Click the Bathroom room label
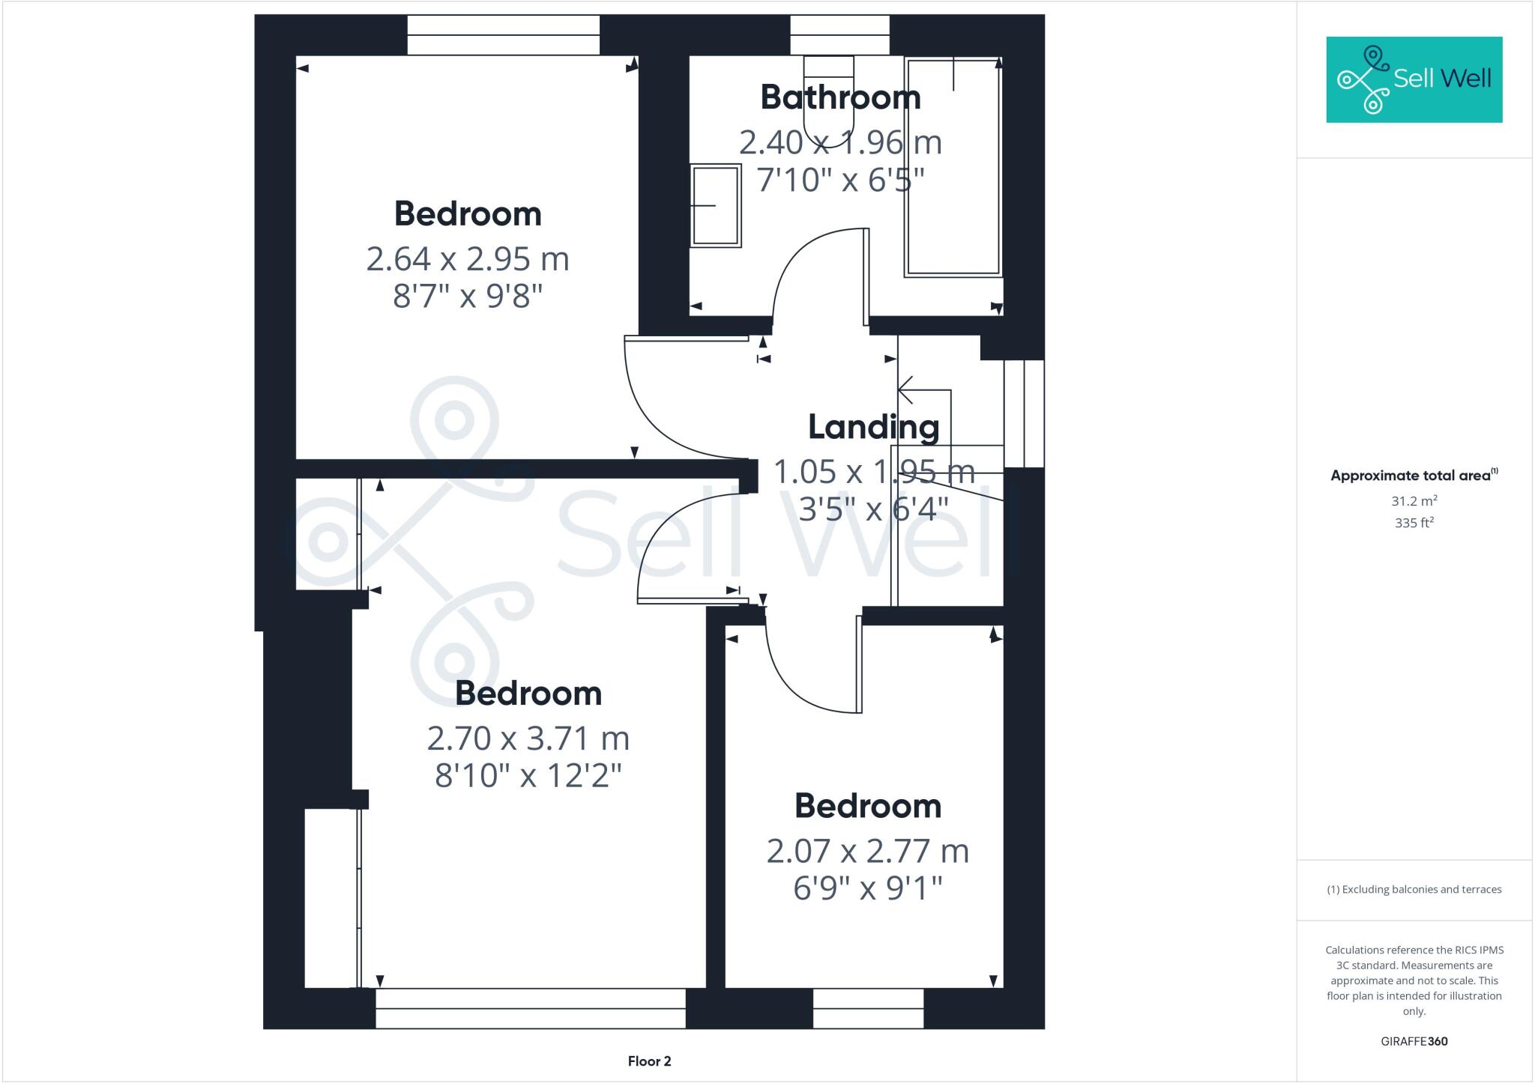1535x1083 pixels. [840, 97]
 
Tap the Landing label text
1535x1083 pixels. [873, 427]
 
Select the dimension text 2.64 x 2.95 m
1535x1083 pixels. [468, 259]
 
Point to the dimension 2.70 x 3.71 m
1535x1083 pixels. [528, 738]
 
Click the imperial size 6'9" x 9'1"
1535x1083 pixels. [867, 888]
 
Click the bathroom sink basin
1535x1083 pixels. [715, 205]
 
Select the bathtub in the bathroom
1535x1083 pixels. [953, 166]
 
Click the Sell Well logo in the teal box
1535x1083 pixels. [1414, 79]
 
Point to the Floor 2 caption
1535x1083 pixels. [649, 1061]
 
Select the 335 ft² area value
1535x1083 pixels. [1414, 523]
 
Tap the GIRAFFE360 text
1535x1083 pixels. [1414, 1041]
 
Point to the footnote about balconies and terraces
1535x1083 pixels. [1414, 890]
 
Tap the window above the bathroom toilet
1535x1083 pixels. [839, 34]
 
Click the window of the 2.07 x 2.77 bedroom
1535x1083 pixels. [868, 1008]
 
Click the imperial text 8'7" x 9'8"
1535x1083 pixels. [468, 297]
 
